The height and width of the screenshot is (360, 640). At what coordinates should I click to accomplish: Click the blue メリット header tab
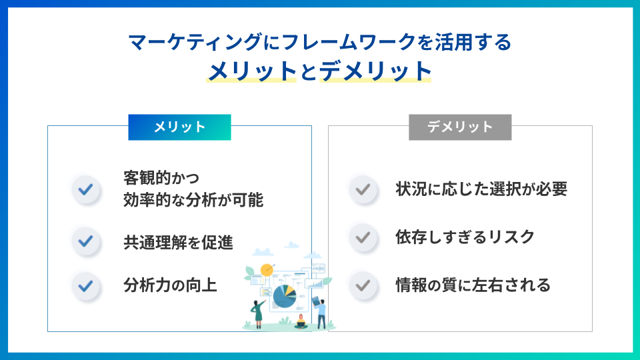click(179, 127)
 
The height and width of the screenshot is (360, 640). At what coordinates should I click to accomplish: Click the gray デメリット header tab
click(460, 127)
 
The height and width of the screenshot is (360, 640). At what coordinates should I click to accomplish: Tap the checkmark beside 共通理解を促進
click(86, 241)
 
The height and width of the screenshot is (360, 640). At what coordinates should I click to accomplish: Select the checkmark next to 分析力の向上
click(86, 286)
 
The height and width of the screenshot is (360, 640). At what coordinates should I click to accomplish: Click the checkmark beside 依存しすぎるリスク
click(363, 237)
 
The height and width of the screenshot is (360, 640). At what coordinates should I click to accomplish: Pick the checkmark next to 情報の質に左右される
click(363, 285)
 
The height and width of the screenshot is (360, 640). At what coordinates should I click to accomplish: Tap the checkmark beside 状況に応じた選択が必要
click(363, 189)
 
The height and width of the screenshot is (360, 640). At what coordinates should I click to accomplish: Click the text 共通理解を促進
click(178, 243)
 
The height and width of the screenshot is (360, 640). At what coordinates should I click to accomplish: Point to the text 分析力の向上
click(170, 285)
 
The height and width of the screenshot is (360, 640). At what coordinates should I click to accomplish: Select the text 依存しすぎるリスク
click(465, 237)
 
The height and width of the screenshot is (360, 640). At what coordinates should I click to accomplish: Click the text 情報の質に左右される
click(473, 285)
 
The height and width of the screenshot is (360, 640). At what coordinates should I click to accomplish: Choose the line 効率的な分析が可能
click(193, 200)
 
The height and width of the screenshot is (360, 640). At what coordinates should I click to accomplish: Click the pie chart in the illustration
click(285, 296)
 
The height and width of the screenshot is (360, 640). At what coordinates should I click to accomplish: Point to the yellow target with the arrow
click(267, 269)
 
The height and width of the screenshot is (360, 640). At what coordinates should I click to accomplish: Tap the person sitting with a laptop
click(301, 322)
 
